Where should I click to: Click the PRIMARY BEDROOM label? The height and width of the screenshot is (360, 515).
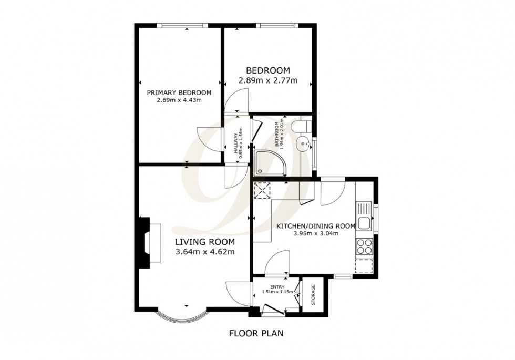pos(179,92)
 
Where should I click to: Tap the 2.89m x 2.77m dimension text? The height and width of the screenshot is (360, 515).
pos(268,80)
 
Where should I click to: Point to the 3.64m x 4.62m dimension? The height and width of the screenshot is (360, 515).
pos(204,252)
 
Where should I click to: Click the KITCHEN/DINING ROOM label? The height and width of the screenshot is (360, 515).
pos(316,225)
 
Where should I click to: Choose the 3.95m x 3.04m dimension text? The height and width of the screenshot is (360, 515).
pos(316,234)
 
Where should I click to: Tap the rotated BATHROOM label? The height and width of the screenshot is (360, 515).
pos(274,136)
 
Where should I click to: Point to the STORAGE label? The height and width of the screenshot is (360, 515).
pos(314,295)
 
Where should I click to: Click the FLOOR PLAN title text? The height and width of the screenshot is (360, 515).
pos(257,333)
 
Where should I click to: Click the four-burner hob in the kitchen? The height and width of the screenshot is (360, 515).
pos(364,246)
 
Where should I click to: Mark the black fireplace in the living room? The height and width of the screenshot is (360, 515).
pos(143,242)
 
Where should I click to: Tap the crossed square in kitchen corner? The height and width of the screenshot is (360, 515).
pos(261,190)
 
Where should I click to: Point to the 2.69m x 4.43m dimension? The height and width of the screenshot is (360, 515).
pos(179,100)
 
